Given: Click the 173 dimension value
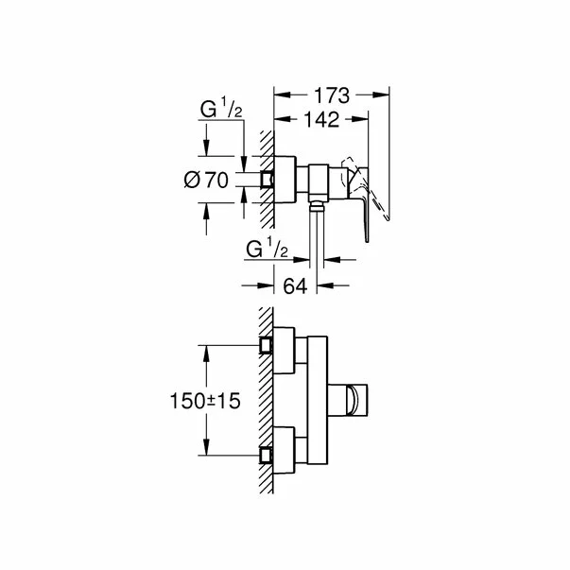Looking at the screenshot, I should (x=332, y=95).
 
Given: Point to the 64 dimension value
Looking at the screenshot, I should (x=297, y=284).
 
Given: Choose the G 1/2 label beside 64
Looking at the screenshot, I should (x=268, y=250).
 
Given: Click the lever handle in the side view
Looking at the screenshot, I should (x=364, y=194).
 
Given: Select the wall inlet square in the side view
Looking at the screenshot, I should (x=269, y=178).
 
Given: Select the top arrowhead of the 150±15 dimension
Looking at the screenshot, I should (x=206, y=349).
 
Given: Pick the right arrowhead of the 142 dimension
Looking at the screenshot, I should (x=364, y=119).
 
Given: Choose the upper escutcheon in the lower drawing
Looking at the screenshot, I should (x=285, y=344).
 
